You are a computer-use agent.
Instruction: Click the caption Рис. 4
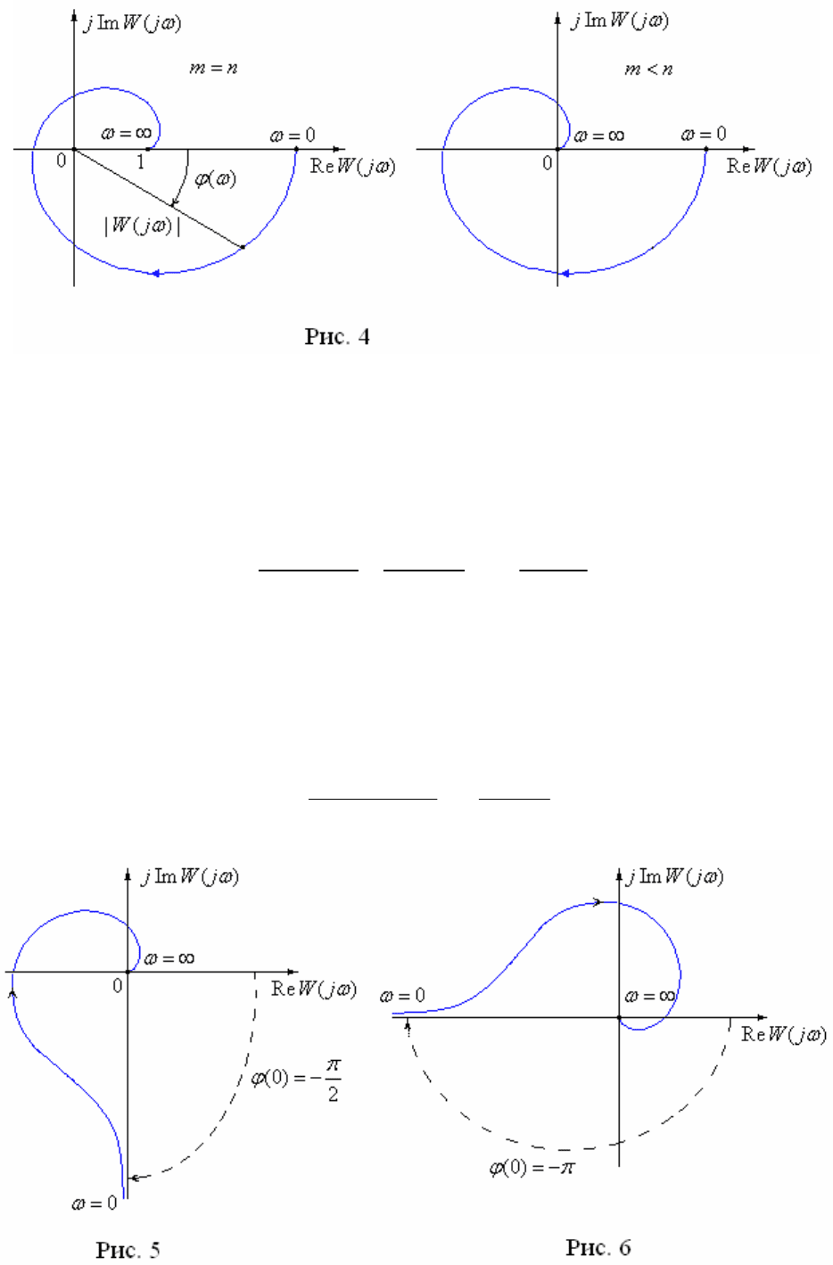[x=337, y=337]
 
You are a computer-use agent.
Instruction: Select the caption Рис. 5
[x=128, y=1250]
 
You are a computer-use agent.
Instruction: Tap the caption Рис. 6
[x=598, y=1247]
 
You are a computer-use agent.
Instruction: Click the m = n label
[x=213, y=68]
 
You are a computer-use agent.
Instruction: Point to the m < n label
[x=648, y=69]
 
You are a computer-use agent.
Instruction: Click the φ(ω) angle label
[x=215, y=179]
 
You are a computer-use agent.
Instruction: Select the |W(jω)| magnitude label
[x=143, y=226]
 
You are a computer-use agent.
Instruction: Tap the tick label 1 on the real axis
[x=141, y=162]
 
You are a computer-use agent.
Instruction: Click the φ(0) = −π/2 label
[x=295, y=1080]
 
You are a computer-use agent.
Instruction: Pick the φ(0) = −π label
[x=532, y=1167]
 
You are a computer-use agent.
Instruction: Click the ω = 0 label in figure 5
[x=95, y=1203]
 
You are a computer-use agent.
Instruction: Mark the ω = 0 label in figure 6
[x=402, y=996]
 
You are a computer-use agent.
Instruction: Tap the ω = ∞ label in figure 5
[x=169, y=959]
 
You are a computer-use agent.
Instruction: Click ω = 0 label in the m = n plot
[x=293, y=136]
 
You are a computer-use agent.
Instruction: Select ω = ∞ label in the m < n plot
[x=598, y=136]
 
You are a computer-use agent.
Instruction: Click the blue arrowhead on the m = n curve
[x=155, y=273]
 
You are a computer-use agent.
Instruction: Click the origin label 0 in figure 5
[x=117, y=986]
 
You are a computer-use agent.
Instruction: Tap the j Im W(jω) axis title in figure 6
[x=675, y=877]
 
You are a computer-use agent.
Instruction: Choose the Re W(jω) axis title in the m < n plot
[x=769, y=167]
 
